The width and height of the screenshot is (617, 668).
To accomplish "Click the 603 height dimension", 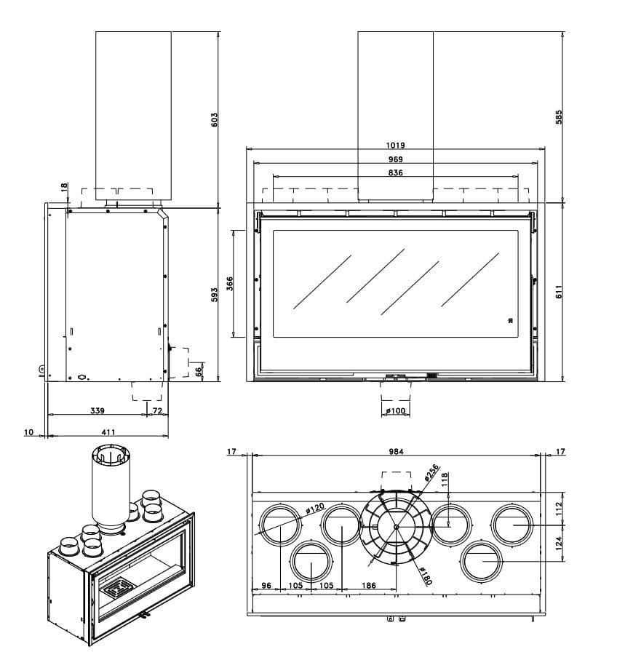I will point(214,119).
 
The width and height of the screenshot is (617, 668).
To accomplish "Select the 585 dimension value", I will point(558,117).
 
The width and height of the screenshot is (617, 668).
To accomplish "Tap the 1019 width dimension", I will point(396,145).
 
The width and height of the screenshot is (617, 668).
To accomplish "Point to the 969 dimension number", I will point(396,159).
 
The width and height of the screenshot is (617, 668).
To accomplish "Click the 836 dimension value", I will point(396,172).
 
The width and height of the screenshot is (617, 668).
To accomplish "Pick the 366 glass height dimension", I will point(229,283).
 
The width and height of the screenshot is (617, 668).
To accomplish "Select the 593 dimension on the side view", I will point(214,295).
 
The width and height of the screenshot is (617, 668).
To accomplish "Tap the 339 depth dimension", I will point(97,411).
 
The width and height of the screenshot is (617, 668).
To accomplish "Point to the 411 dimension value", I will point(108,432).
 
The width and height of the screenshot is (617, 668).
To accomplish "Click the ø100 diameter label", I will point(396,411).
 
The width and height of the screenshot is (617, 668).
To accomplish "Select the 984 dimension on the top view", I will point(396,452).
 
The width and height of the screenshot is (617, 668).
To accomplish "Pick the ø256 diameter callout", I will point(431,474).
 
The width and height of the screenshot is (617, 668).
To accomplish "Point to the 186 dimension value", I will point(369,585).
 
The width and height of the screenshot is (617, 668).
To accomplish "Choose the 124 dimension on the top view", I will point(558,543).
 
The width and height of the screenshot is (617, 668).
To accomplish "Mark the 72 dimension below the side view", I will point(156,411).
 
